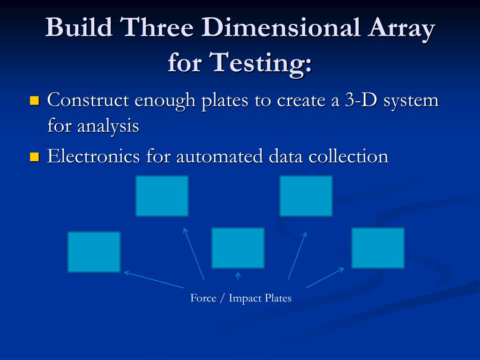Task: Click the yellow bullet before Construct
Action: [x=34, y=101]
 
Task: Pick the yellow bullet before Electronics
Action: [x=34, y=157]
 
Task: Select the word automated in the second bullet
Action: [x=220, y=156]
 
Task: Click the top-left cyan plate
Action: [x=162, y=196]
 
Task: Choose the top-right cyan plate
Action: [x=306, y=196]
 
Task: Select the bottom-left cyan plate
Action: [x=94, y=252]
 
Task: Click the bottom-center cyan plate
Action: [x=238, y=247]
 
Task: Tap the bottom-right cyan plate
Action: [x=378, y=247]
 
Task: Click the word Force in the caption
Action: [x=203, y=298]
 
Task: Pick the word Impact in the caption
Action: [x=245, y=298]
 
